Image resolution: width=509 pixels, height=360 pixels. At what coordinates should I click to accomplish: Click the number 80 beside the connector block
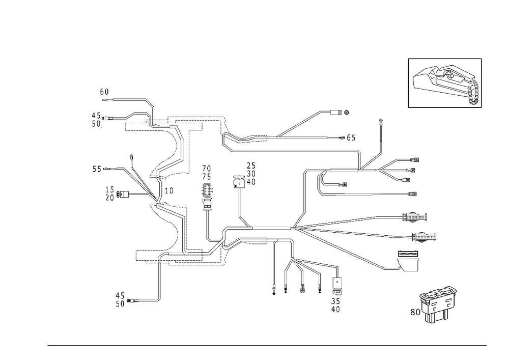click(414, 311)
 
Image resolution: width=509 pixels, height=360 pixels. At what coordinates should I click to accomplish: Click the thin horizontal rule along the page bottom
click(267, 345)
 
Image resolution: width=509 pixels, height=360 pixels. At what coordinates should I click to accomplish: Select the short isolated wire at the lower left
click(147, 300)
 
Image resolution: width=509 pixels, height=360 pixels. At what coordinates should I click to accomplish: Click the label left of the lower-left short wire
click(121, 300)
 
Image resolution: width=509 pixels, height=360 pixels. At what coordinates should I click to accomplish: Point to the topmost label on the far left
click(105, 93)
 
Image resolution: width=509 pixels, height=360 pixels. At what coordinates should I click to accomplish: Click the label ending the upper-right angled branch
click(344, 112)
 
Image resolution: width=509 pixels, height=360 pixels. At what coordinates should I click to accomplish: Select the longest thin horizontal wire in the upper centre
click(295, 151)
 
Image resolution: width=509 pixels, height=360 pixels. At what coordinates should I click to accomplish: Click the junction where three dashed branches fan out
click(295, 227)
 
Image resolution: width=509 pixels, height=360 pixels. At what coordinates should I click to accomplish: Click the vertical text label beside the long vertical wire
click(206, 187)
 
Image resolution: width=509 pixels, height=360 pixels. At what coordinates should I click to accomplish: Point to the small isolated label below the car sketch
click(381, 122)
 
